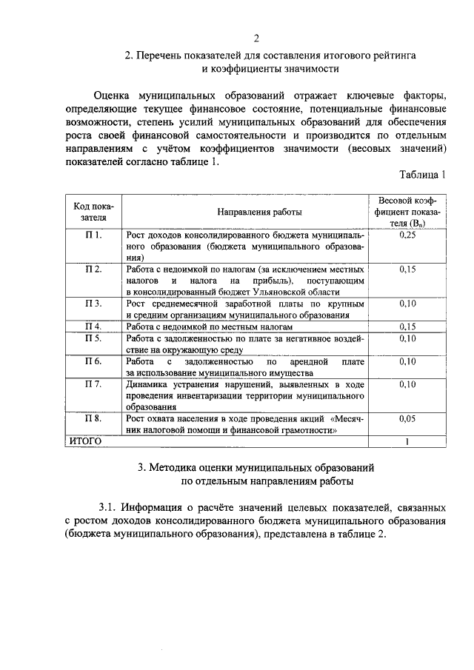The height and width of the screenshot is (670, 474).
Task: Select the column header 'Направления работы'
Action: (245, 211)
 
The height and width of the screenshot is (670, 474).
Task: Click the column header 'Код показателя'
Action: (93, 211)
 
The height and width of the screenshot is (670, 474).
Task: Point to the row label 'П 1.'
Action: (93, 235)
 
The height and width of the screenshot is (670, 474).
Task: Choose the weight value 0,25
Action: (407, 235)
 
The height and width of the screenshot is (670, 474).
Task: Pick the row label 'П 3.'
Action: (93, 304)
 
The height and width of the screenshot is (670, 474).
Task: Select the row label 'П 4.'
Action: (93, 326)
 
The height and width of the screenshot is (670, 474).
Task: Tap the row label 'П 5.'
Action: (93, 338)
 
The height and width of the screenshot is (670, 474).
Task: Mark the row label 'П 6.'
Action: (93, 361)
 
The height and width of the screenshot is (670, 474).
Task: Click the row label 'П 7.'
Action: (93, 384)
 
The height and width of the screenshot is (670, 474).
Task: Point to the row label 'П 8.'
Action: (93, 418)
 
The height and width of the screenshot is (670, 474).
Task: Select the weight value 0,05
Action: (407, 418)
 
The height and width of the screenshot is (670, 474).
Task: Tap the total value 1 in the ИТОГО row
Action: (407, 442)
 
